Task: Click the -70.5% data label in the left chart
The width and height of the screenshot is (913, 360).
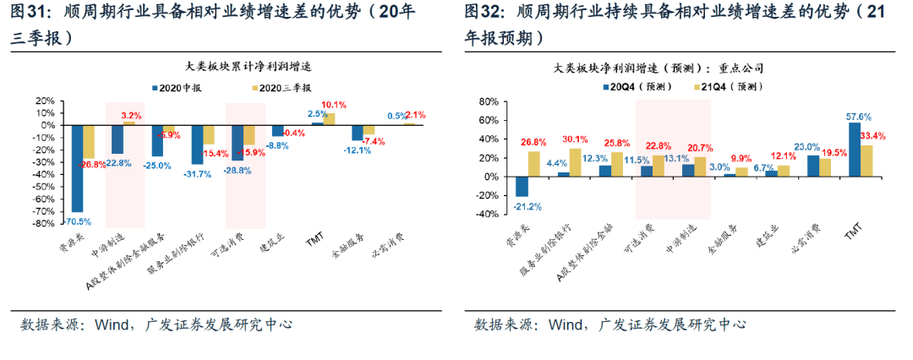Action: click(x=78, y=221)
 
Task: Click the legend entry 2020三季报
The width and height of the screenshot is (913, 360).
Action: click(x=284, y=87)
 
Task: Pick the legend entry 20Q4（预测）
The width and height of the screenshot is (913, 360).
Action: click(x=645, y=86)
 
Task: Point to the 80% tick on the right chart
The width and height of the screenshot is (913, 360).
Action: click(x=490, y=101)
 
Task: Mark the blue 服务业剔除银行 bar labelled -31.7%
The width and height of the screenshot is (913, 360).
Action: click(x=197, y=145)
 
